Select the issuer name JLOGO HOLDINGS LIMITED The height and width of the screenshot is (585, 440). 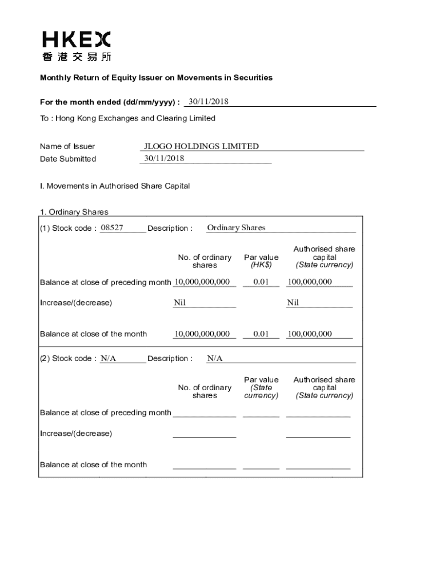pos(201,146)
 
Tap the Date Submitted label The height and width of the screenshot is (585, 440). pos(68,159)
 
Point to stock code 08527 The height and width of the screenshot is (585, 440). pos(111,228)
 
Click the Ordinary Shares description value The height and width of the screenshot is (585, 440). pos(236,228)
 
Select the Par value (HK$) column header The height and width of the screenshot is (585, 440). pos(261,261)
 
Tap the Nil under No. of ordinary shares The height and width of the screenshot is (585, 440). pos(179,303)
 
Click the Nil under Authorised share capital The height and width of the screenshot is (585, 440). pos(293,303)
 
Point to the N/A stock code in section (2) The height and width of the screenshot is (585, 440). pos(109,359)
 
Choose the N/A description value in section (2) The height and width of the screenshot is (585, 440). pos(215,359)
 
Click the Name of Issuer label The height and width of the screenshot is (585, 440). pos(67,146)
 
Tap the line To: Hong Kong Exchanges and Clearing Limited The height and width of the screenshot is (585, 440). pos(127,118)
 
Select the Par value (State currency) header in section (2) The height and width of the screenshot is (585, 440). pos(261,387)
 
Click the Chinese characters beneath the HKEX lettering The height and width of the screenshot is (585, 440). pos(77,57)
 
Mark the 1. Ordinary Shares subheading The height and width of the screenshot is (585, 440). pos(74,212)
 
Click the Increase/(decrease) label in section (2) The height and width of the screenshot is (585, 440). pos(76,433)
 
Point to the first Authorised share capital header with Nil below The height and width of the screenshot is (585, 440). pos(324,257)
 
